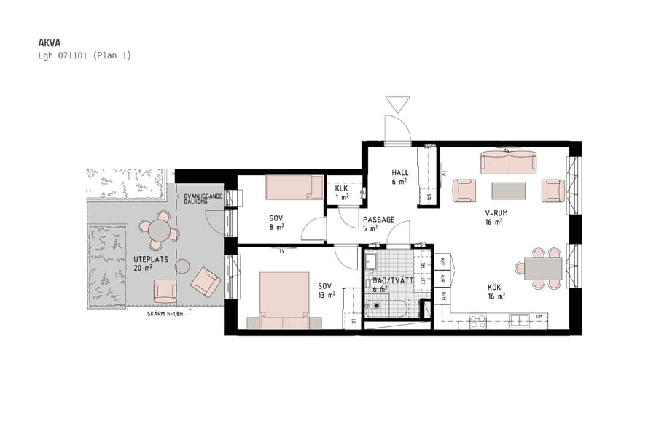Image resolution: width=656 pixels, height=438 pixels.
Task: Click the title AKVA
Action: pyautogui.click(x=48, y=42)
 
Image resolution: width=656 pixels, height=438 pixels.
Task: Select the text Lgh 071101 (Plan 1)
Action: pyautogui.click(x=85, y=55)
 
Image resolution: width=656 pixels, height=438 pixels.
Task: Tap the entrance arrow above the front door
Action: pyautogui.click(x=398, y=104)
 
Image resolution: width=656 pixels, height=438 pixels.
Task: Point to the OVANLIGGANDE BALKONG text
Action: pyautogui.click(x=202, y=199)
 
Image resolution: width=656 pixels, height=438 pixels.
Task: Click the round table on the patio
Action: pyautogui.click(x=160, y=231)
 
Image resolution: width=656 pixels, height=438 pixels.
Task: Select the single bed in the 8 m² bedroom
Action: pyautogui.click(x=294, y=187)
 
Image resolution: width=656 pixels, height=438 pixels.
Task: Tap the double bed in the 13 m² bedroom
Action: pyautogui.click(x=284, y=299)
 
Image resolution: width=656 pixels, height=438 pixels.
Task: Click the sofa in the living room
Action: pyautogui.click(x=508, y=162)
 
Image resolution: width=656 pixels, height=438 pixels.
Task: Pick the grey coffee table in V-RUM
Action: pyautogui.click(x=508, y=191)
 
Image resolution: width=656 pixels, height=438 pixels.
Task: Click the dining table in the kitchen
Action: pyautogui.click(x=544, y=269)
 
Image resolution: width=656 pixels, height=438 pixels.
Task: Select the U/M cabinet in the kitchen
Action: pyautogui.click(x=444, y=296)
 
